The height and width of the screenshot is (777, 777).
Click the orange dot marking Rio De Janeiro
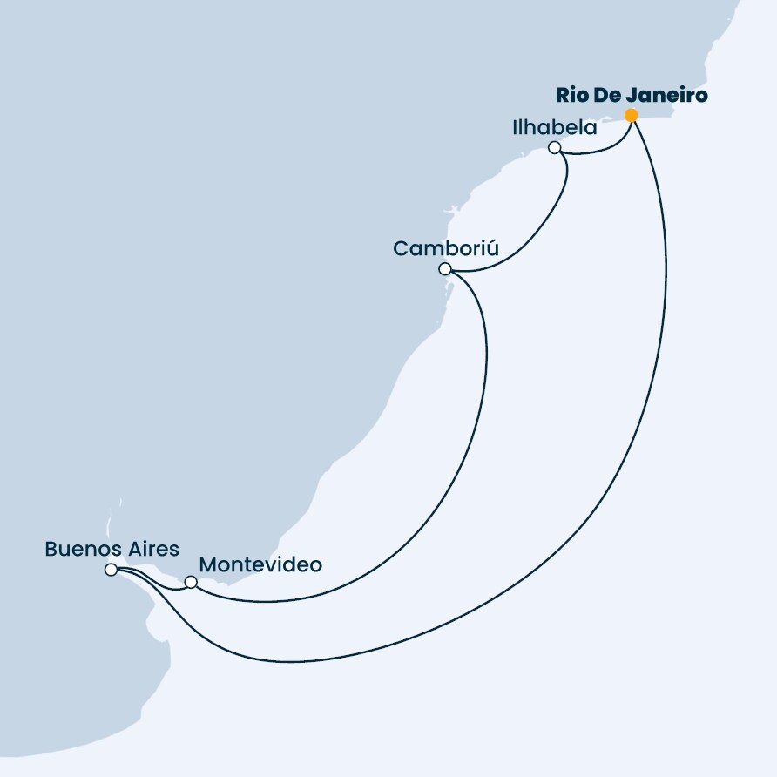click(631, 116)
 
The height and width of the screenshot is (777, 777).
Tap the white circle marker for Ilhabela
click(555, 148)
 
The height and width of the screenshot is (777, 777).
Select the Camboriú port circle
click(445, 269)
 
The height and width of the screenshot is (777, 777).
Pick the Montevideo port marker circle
click(191, 582)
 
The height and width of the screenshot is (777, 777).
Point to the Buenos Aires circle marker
click(111, 570)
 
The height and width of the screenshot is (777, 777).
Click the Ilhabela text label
click(555, 127)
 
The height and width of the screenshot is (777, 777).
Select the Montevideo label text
click(260, 564)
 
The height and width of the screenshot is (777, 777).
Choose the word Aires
click(152, 549)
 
